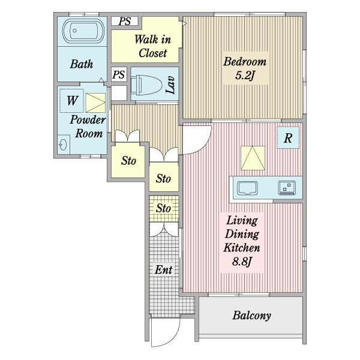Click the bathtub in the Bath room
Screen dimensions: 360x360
83,31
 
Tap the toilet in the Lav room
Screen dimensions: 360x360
146,85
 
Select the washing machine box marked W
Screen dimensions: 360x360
71,101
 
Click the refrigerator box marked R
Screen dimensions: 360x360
288,138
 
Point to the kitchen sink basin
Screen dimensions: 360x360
247,188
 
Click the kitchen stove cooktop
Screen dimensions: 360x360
287,188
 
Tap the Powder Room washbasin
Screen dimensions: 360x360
64,145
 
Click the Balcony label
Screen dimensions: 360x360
251,316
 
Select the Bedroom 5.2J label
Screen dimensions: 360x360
245,68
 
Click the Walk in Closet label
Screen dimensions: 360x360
152,46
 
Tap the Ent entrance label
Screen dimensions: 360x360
163,269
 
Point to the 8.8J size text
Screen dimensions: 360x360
242,261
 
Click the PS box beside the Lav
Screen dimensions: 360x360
119,74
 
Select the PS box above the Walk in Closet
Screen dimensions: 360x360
125,22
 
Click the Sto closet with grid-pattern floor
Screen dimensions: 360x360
164,208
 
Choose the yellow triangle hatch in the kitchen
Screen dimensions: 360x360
253,158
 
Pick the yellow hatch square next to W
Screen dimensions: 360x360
95,103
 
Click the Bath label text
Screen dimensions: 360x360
82,64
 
